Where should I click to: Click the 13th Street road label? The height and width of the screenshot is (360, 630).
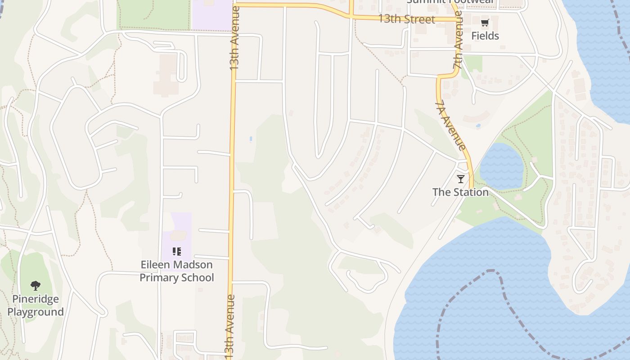pos(406,19)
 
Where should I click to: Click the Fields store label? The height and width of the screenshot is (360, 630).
pos(485,36)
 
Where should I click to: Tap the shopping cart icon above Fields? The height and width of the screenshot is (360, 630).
pos(485,23)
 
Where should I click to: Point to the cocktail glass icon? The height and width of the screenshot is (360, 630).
pos(460,179)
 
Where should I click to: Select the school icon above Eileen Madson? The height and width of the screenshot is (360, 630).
pos(177,252)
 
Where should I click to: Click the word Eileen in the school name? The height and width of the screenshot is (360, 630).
pos(156,265)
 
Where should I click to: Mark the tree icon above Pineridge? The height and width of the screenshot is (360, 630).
pos(35,285)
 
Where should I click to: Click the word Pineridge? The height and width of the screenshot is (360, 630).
pos(35,299)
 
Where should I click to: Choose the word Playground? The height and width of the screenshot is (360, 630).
pos(35,312)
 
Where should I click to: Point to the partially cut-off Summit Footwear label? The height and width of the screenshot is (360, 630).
pos(450,2)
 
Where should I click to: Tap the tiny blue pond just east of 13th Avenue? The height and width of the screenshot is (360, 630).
pos(251,139)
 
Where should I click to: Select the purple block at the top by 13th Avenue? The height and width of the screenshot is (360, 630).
pos(211,16)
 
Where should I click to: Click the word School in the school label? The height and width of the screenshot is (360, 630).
pos(198,277)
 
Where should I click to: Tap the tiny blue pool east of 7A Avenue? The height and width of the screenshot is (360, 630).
pos(478,126)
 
